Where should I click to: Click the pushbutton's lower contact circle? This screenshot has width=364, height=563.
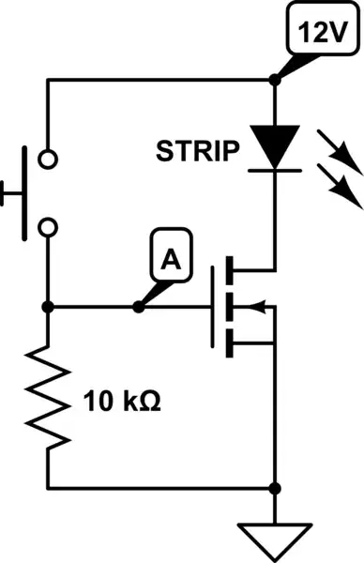click(x=47, y=226)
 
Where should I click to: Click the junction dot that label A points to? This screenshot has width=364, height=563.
click(x=138, y=307)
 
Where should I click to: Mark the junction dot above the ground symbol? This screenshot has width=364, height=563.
click(x=274, y=488)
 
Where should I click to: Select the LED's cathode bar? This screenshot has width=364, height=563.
click(x=274, y=171)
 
